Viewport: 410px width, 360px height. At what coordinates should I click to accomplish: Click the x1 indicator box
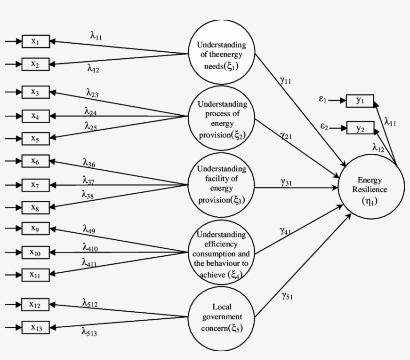36,41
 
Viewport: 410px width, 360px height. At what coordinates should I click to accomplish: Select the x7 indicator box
36,185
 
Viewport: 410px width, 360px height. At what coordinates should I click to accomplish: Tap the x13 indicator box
36,328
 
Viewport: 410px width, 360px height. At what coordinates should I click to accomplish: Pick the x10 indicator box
36,252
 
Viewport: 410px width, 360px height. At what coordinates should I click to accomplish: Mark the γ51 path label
287,296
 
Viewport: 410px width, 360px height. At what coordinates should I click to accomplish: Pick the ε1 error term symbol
323,100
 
